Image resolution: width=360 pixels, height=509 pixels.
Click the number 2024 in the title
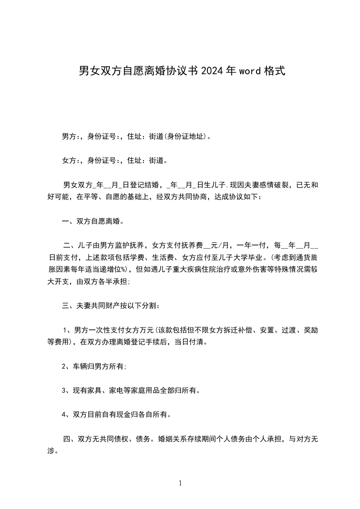[211, 71]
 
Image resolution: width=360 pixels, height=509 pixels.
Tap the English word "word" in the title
[249, 71]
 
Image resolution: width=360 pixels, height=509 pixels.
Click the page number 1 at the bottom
[180, 483]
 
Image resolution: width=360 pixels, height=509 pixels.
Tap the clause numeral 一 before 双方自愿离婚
[65, 222]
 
